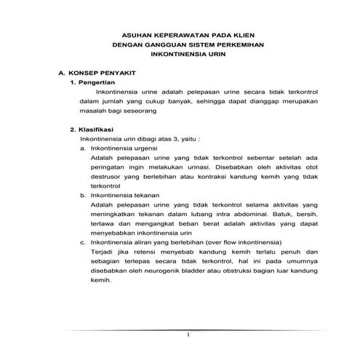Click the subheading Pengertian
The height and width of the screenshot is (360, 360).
103,84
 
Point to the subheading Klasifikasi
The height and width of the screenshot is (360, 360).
103,129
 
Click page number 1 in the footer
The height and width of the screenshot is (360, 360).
188,335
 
